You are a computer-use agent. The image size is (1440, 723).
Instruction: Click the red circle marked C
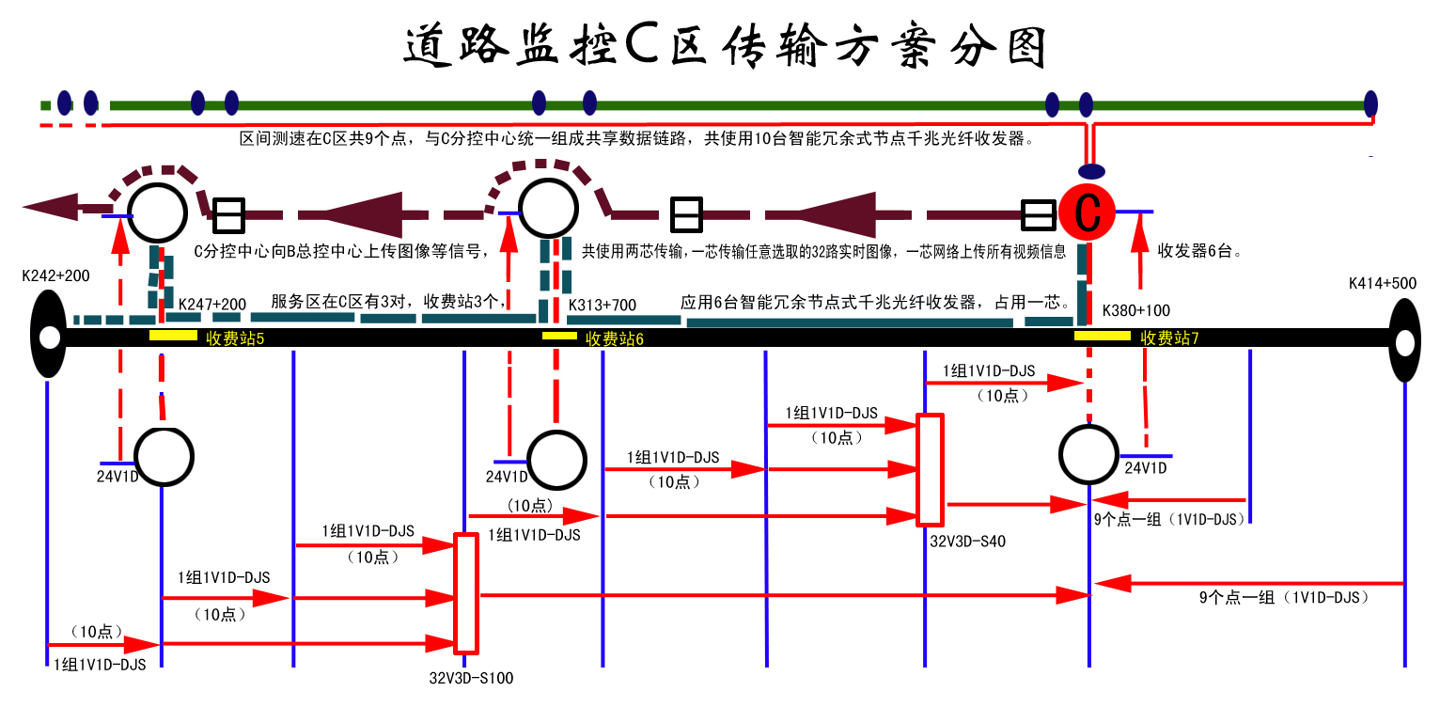pos(1088,212)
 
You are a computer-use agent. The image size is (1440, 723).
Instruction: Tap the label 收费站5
pos(235,338)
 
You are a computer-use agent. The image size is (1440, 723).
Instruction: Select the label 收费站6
pos(615,338)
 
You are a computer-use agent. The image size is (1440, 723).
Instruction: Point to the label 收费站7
pos(1170,338)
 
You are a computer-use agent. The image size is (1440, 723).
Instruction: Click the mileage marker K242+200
pos(56,276)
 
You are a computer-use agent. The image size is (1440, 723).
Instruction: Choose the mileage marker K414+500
pos(1382,282)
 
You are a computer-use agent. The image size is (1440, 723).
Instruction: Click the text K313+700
pos(603,306)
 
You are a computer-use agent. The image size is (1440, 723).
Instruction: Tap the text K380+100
pos(1136,310)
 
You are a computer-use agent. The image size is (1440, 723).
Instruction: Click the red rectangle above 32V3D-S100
pos(466,593)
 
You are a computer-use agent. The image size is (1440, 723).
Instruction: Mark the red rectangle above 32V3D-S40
pos(930,469)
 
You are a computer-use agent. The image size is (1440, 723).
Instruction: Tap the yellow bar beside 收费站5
pos(173,335)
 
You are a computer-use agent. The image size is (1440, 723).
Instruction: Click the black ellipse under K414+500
pos(1404,340)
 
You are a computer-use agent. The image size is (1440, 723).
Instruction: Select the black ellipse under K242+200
pos(48,335)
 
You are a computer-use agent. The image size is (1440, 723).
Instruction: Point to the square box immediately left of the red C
pos(1038,215)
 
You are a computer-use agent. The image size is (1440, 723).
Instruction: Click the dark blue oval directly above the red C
pos(1091,172)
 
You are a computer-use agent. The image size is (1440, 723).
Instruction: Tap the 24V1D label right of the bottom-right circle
pos(1146,468)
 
